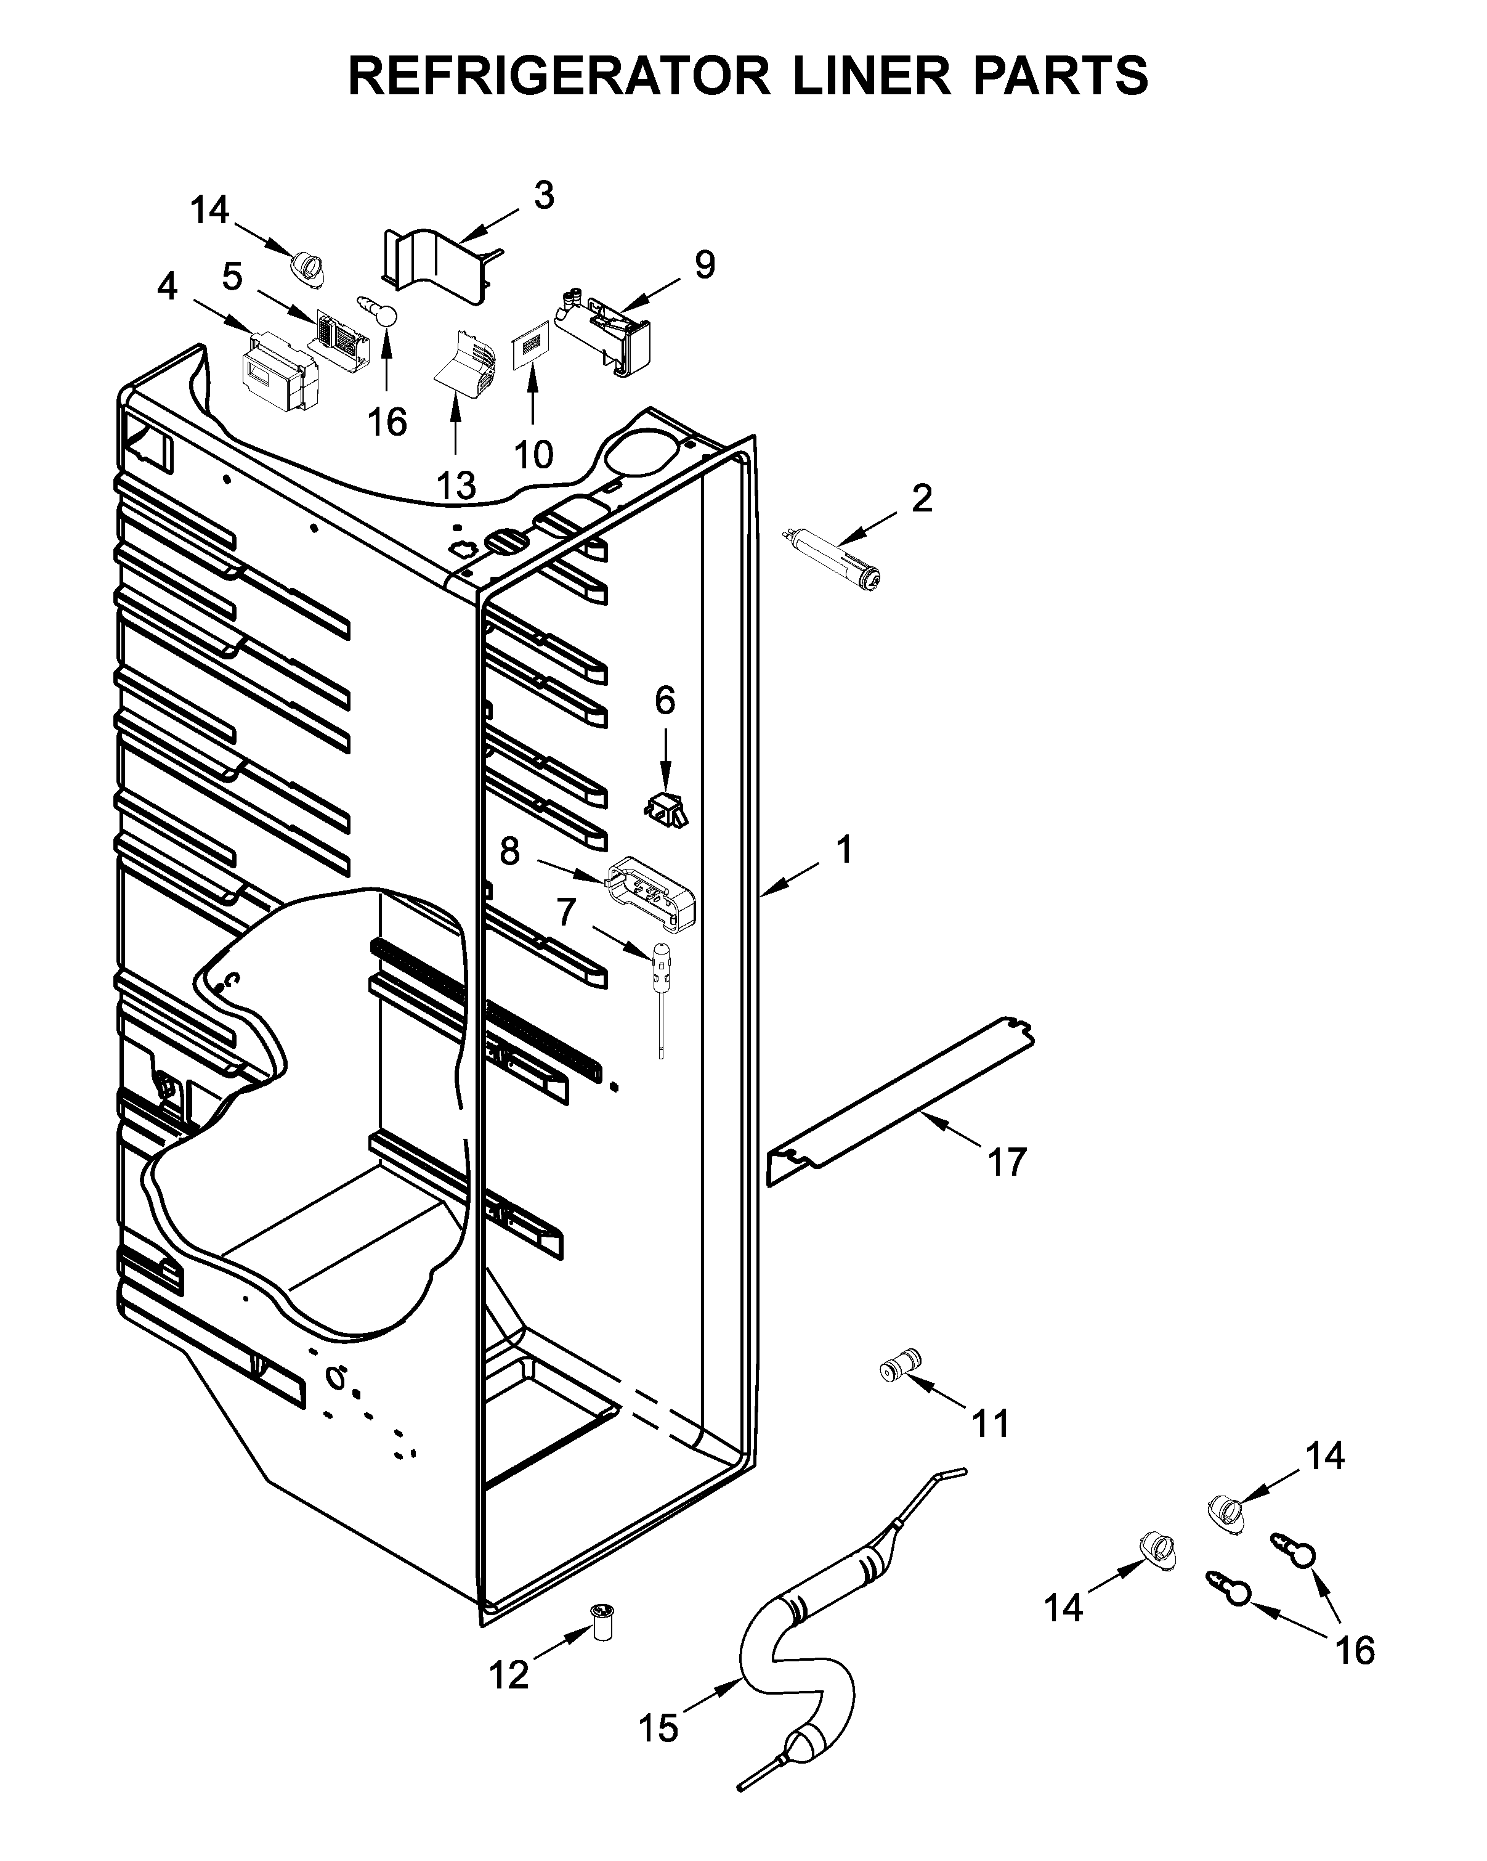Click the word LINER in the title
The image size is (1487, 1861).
click(x=871, y=76)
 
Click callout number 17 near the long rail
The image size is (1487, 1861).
click(x=1007, y=1163)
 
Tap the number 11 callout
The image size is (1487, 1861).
click(x=990, y=1424)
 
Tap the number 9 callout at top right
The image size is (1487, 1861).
click(x=704, y=265)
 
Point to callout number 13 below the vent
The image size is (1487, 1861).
click(x=456, y=486)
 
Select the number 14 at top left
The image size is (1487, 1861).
click(x=209, y=210)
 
